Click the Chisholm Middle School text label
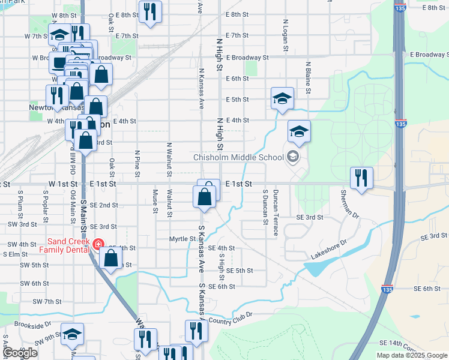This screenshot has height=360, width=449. click(238, 158)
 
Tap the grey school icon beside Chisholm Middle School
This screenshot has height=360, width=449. click(293, 157)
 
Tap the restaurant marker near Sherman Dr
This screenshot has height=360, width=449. click(361, 178)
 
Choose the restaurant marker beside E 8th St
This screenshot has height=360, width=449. click(150, 11)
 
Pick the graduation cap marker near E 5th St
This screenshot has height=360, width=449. click(282, 98)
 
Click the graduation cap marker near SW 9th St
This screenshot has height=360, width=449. click(73, 334)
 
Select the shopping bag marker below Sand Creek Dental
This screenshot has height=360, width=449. click(111, 259)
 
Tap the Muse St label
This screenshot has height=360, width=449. click(155, 201)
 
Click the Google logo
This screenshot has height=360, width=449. click(20, 353)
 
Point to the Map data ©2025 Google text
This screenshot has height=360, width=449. click(411, 355)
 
